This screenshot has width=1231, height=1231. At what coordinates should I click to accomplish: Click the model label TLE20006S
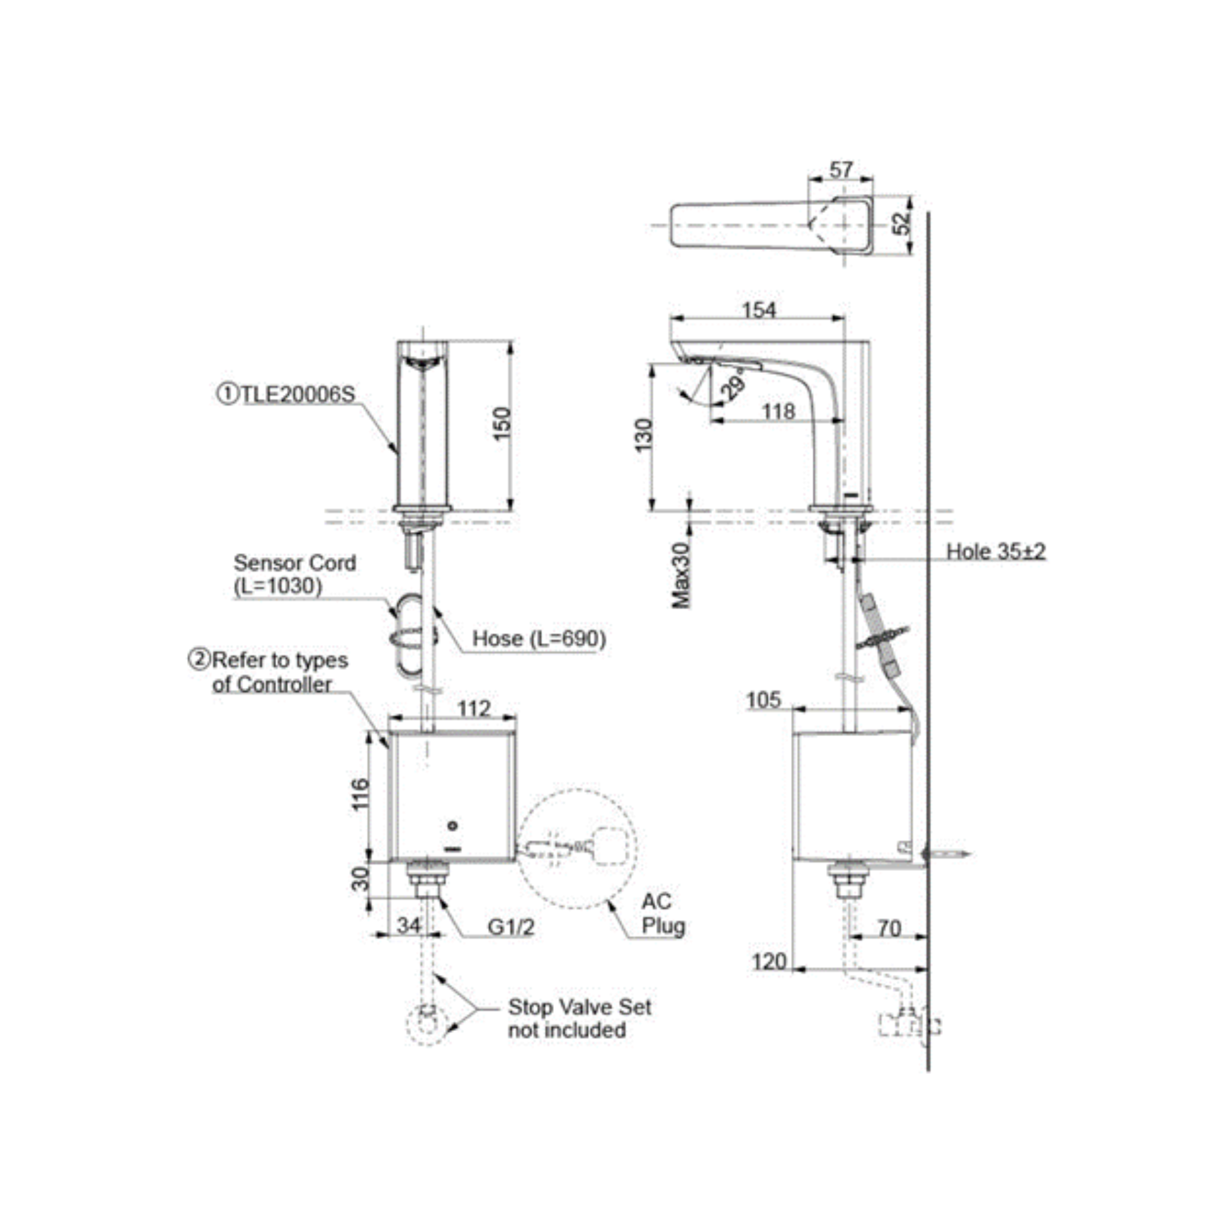[x=288, y=395]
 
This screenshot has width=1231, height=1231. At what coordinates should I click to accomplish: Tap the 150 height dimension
[x=502, y=422]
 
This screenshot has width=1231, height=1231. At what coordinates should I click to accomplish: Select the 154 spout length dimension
[x=760, y=310]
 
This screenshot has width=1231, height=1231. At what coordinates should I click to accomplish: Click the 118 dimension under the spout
[x=779, y=412]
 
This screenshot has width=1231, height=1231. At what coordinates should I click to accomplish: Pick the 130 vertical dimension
[x=644, y=435]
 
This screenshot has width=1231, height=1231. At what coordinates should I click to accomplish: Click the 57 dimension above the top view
[x=840, y=169]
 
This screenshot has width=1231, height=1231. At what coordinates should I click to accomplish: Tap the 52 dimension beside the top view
[x=902, y=223]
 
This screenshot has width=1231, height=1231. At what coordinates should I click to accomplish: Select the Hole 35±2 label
[x=995, y=551]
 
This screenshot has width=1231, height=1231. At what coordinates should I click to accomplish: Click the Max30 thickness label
[x=681, y=575]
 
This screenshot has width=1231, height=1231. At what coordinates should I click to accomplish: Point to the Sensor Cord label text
[x=294, y=563]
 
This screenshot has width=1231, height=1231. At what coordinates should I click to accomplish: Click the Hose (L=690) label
[x=539, y=638]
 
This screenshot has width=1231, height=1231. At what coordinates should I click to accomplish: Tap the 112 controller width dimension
[x=474, y=708]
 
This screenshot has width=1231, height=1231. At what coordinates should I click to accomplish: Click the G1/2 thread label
[x=511, y=927]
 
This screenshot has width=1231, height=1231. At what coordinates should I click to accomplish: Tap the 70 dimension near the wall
[x=889, y=928]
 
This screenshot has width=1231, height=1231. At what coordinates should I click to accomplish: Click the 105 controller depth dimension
[x=763, y=700]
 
